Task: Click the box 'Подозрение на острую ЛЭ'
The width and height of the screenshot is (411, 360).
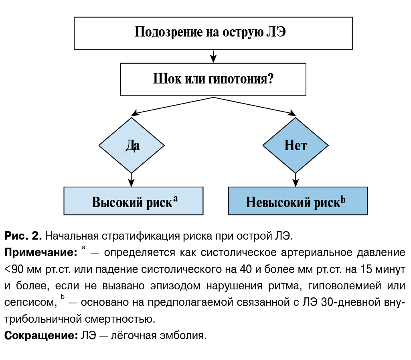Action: coord(213,33)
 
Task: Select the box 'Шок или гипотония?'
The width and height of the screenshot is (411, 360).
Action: coord(213,79)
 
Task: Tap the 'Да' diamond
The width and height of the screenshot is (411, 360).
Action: coord(132,145)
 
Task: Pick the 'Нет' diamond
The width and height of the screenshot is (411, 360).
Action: coord(295,145)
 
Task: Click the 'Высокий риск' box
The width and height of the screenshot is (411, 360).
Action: coord(133,201)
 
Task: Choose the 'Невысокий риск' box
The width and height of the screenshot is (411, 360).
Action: coord(298,201)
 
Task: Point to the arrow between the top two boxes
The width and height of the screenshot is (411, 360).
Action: coord(213,56)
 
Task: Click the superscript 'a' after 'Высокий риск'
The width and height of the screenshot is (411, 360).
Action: coord(175,198)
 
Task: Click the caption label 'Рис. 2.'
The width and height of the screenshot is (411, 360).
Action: coord(23,236)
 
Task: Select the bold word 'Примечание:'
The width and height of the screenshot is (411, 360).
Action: coord(40,253)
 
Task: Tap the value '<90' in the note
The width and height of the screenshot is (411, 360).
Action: coord(15,269)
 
